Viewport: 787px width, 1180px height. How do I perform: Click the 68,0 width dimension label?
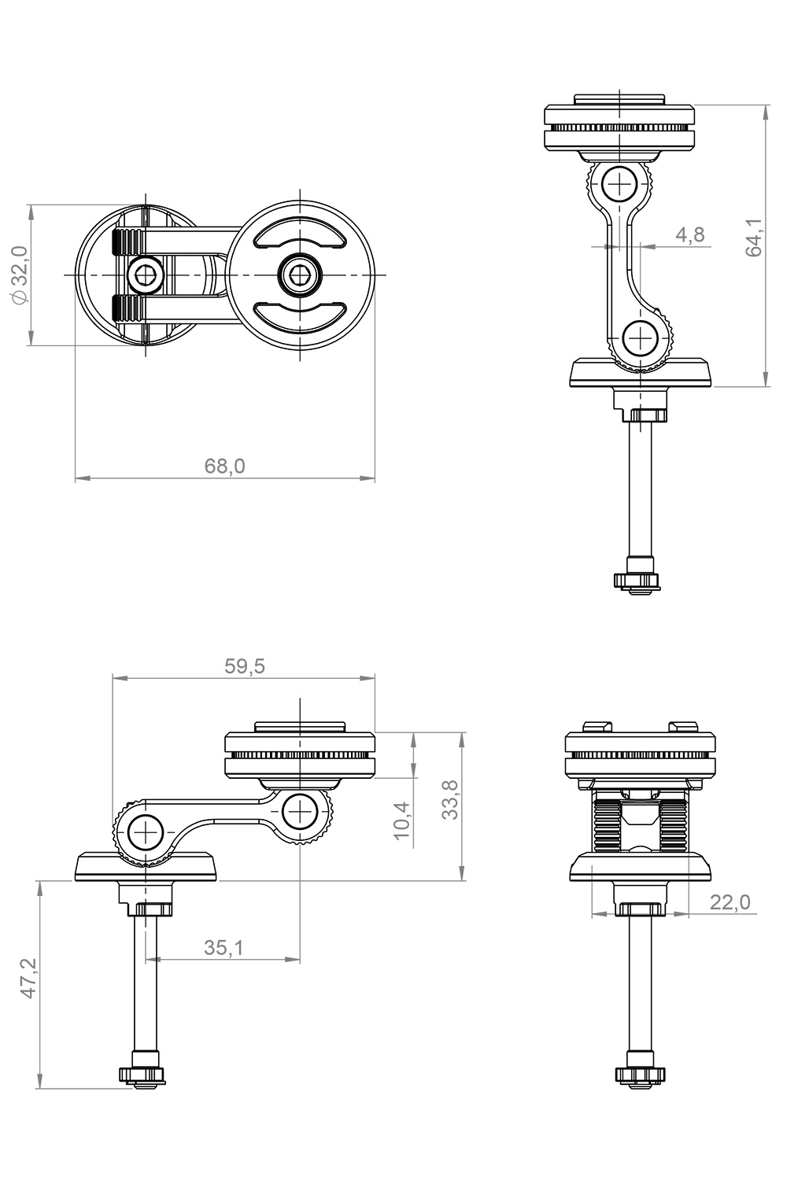click(225, 466)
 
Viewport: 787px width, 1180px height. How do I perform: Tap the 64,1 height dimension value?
click(753, 237)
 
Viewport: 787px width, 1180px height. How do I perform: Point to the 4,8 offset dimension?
click(689, 234)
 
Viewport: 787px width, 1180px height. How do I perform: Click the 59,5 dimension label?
click(245, 666)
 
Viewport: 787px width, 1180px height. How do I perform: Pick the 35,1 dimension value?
click(224, 948)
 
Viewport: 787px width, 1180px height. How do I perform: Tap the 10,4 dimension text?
click(401, 820)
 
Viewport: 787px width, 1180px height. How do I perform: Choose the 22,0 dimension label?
click(730, 902)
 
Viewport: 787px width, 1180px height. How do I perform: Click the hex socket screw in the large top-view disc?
click(300, 275)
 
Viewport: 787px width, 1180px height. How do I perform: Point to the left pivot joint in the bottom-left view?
click(145, 832)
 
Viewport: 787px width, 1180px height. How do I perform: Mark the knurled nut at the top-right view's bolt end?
click(638, 581)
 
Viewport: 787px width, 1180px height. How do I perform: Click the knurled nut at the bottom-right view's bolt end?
click(638, 1075)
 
